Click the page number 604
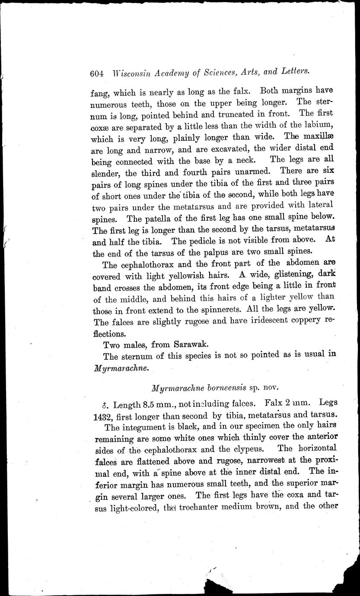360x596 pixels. [97, 73]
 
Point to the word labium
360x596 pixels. [319, 127]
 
